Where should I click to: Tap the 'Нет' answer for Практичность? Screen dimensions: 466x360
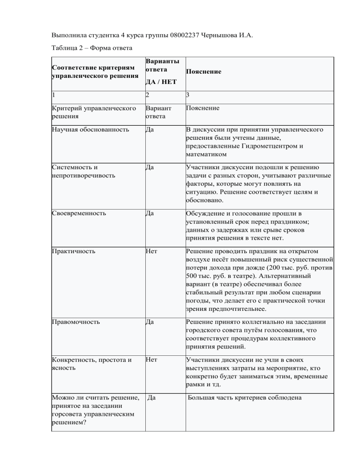[x=151, y=251]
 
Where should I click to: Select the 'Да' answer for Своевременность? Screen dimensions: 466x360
[x=150, y=214]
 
